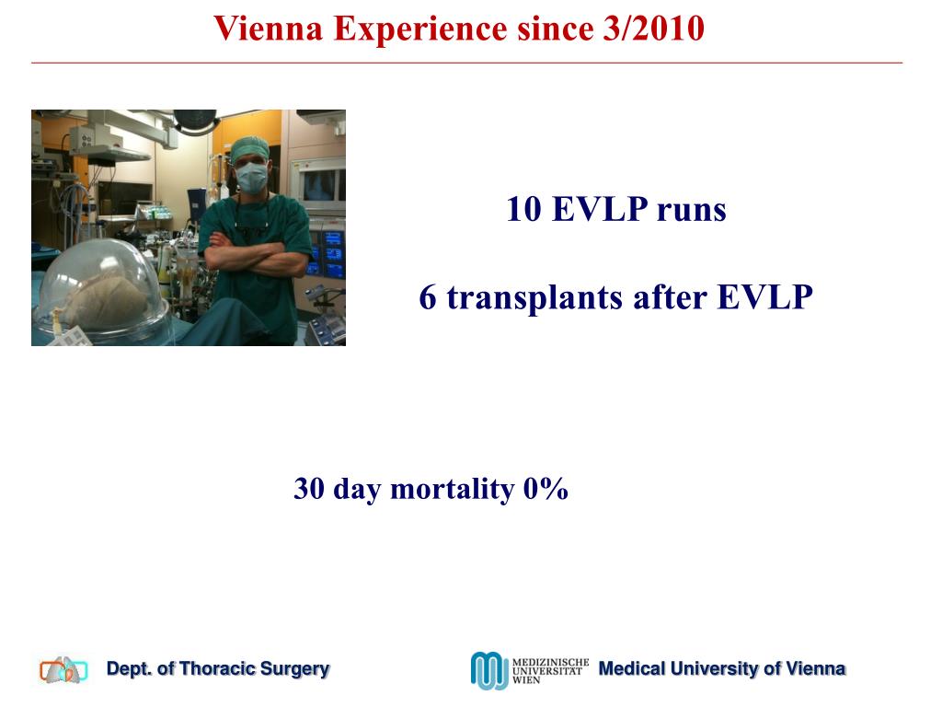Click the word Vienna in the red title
point(270,29)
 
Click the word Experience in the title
point(419,29)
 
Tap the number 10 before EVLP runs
point(523,210)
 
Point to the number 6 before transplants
point(428,298)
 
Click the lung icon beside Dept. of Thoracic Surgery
point(63,670)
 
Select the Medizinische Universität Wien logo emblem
point(488,670)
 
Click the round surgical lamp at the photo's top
point(194,118)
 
